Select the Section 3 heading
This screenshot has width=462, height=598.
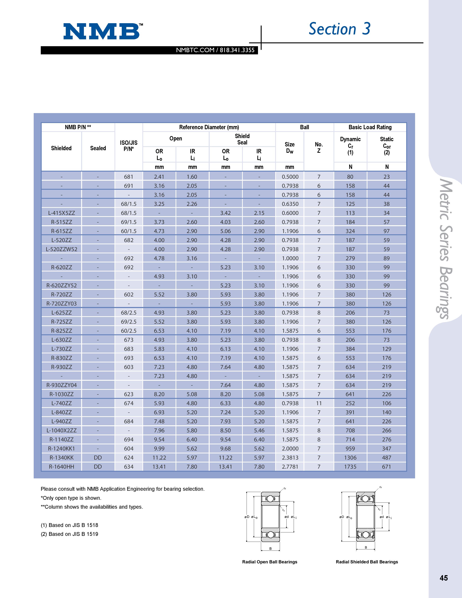[339, 29]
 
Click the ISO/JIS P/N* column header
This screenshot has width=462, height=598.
[129, 146]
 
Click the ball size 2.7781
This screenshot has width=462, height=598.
[290, 467]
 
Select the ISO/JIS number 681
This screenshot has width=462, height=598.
[129, 177]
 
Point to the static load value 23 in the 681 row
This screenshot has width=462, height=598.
[386, 177]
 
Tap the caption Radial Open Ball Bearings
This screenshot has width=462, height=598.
[270, 562]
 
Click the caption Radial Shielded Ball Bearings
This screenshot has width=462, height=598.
[367, 562]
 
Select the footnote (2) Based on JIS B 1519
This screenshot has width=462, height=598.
[70, 534]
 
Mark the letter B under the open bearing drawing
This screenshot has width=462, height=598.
[270, 549]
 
